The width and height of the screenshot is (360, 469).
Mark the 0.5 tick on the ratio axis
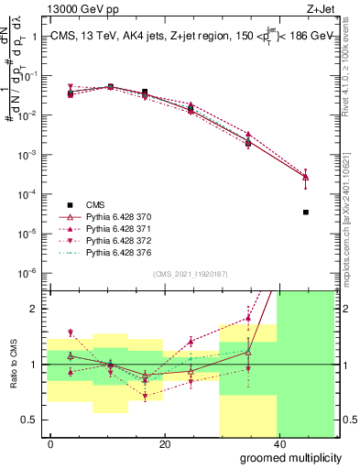click(34, 420)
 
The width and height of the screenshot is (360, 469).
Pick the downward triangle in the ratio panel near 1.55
click(71, 333)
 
